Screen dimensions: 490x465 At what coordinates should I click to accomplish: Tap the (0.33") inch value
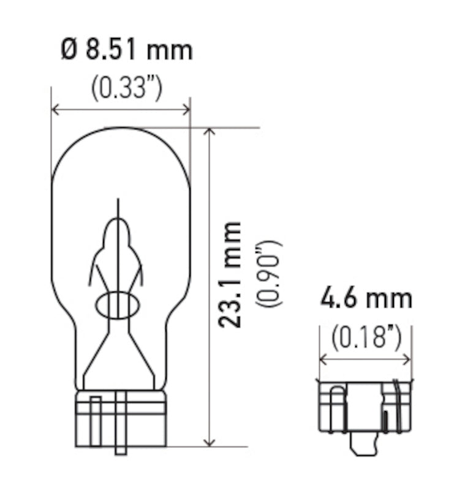point(127,89)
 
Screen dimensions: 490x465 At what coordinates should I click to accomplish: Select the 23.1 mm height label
point(231,274)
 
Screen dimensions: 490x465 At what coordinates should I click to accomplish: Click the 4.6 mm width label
point(366,300)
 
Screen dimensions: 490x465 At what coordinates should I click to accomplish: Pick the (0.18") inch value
point(366,337)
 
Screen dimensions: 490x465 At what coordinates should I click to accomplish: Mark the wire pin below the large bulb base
point(120,450)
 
